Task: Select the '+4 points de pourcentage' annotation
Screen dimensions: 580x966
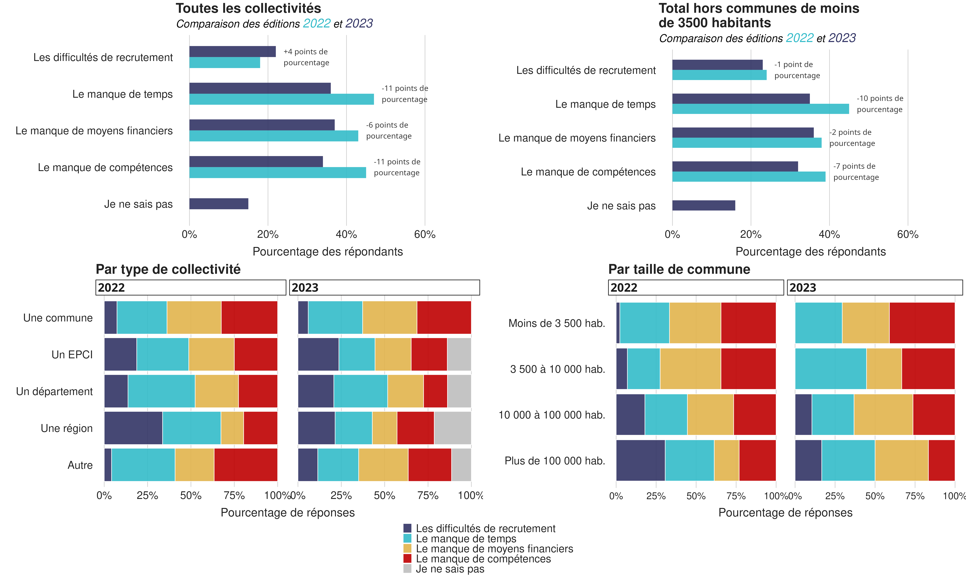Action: [x=306, y=57]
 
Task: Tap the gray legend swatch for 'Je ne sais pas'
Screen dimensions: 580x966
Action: [x=407, y=569]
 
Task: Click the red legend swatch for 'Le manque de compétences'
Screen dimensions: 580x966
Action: [x=407, y=558]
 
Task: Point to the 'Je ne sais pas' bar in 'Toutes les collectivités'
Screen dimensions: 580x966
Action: [x=219, y=204]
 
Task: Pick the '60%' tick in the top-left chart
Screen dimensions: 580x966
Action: [x=425, y=234]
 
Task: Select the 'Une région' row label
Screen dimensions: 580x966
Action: [x=67, y=428]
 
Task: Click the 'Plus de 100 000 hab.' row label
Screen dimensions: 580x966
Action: [x=554, y=461]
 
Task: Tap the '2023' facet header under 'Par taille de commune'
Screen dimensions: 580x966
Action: [x=875, y=288]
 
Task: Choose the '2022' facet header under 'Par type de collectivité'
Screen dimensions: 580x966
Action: [x=190, y=288]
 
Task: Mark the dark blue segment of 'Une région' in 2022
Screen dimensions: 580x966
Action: [x=133, y=428]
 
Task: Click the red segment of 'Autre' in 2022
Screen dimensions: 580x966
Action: [x=246, y=465]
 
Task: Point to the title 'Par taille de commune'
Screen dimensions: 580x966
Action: [x=679, y=269]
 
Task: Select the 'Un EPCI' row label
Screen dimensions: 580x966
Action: [x=72, y=354]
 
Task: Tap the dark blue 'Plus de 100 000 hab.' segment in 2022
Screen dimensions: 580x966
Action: [x=640, y=460]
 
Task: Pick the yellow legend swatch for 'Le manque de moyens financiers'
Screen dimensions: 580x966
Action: [x=407, y=548]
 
